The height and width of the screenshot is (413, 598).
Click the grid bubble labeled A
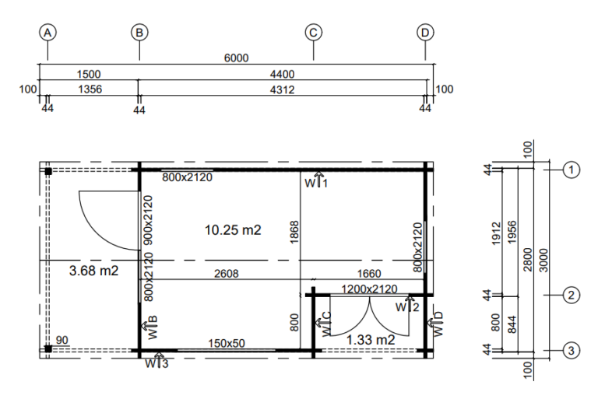(47, 33)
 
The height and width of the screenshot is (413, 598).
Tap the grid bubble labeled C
(313, 33)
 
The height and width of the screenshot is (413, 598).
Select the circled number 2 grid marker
(571, 295)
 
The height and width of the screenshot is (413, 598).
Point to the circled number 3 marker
(571, 350)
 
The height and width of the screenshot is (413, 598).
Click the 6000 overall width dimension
(236, 58)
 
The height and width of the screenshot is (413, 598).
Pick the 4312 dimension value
(282, 89)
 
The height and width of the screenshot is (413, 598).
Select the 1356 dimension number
(90, 89)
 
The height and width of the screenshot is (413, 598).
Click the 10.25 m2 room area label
(233, 230)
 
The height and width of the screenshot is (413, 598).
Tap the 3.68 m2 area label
(93, 271)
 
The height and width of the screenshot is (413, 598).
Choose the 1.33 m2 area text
(371, 339)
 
